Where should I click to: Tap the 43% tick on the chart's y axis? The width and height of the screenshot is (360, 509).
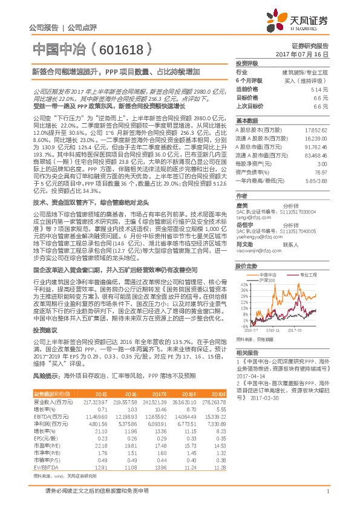(243, 284)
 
